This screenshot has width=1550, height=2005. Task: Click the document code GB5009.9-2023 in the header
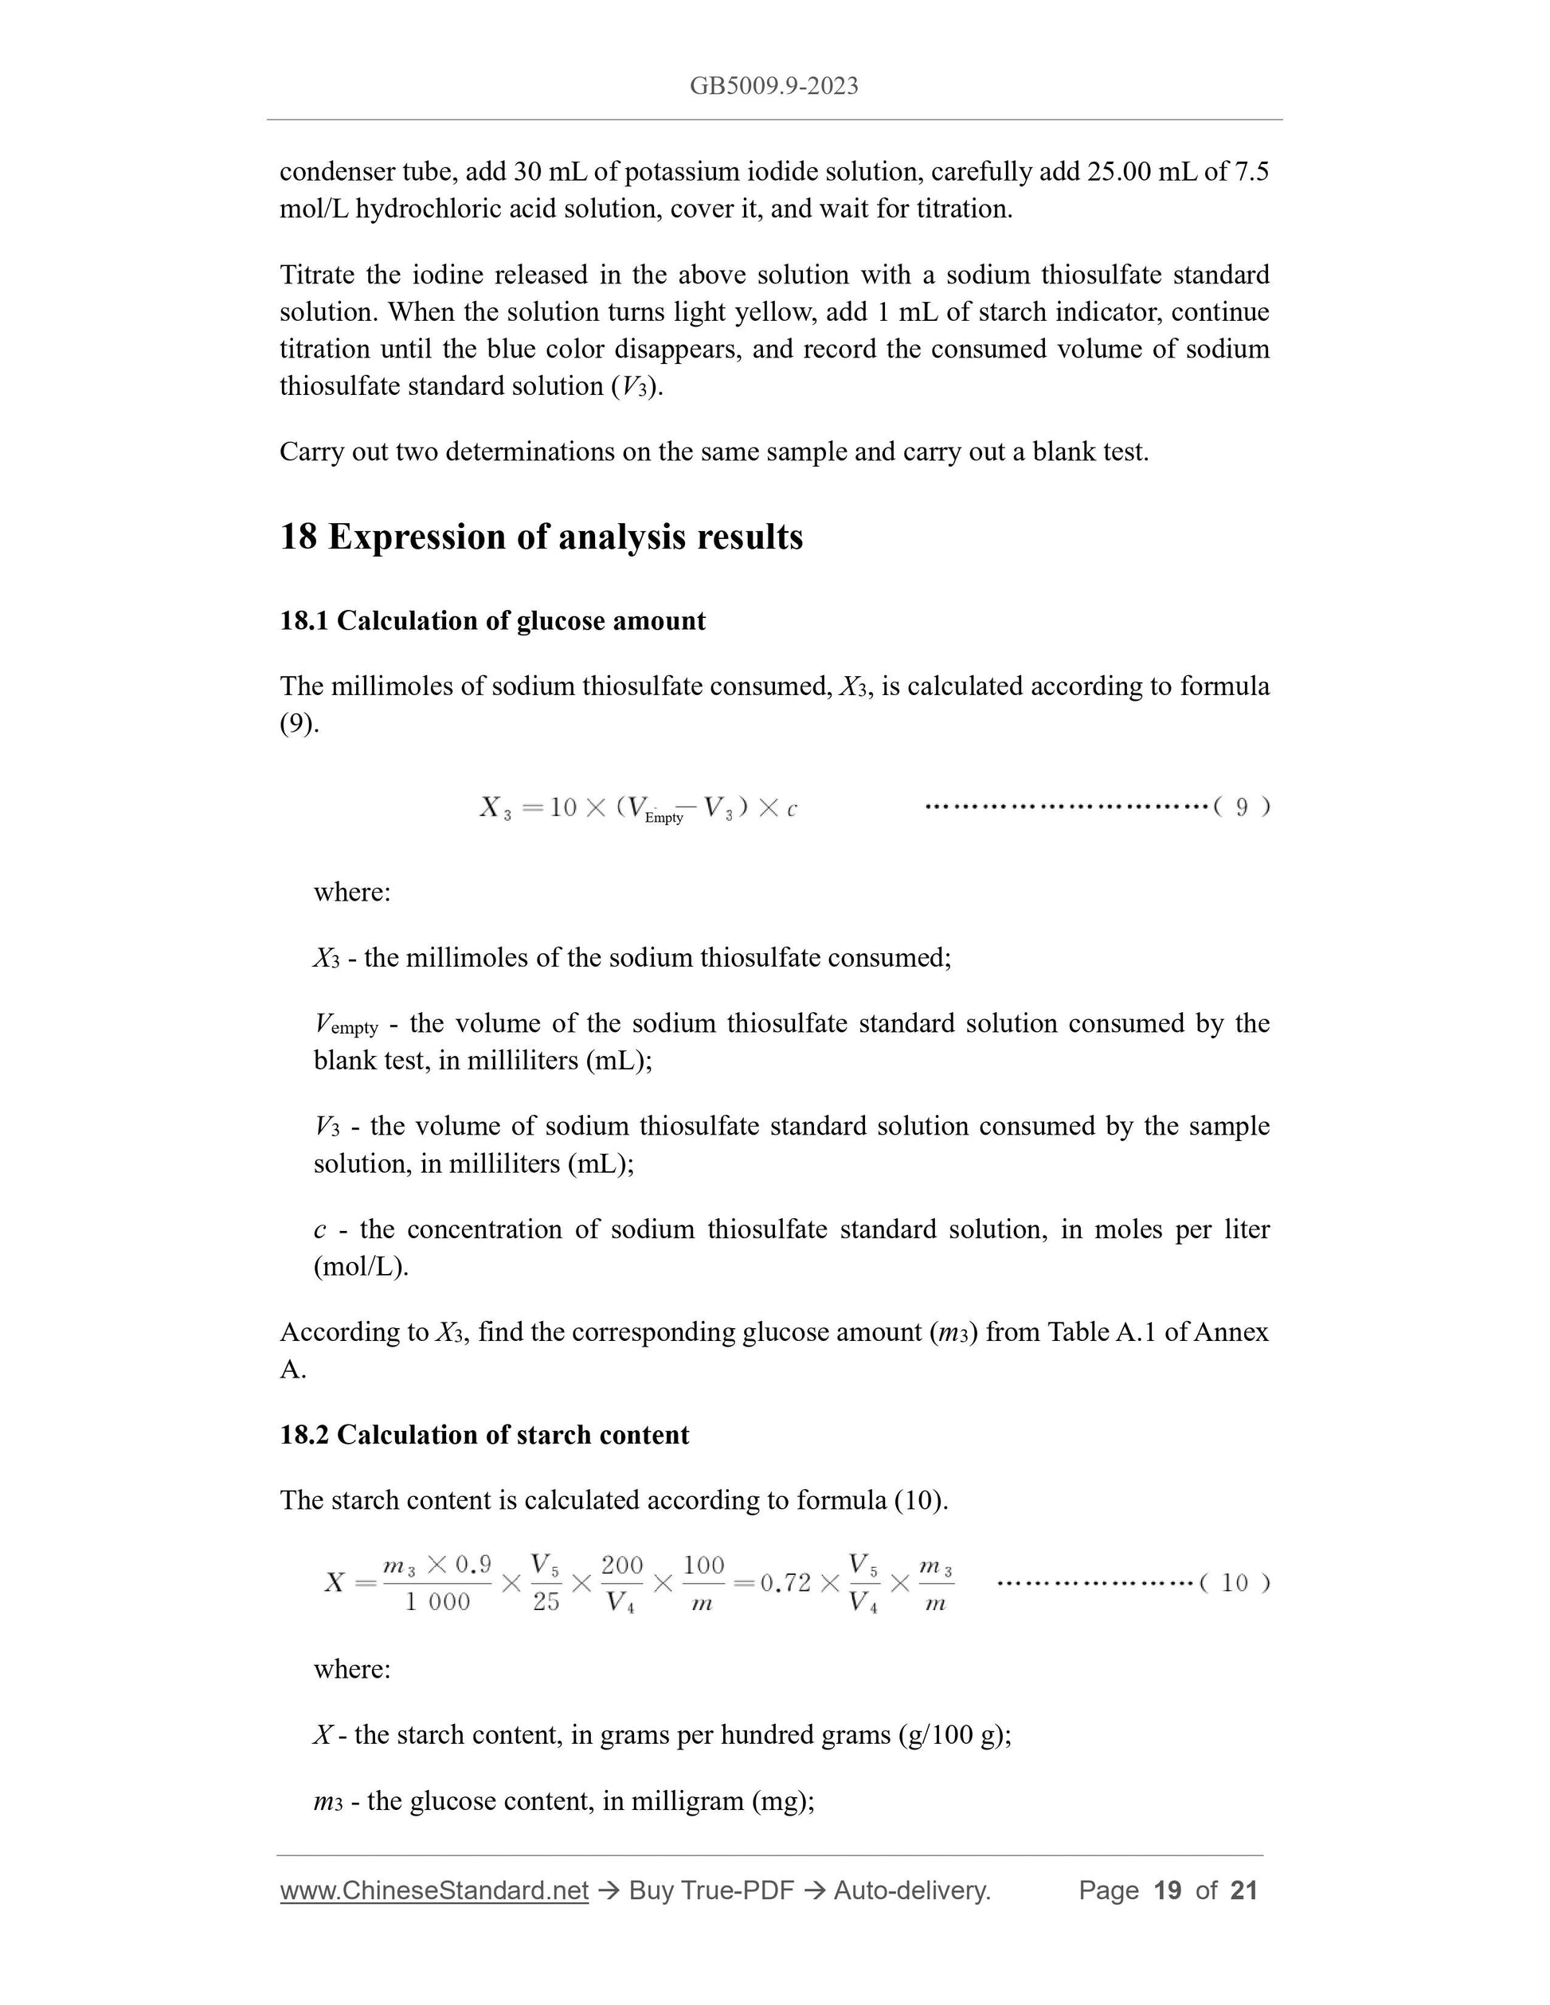coord(774,86)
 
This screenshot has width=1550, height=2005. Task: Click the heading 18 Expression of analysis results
coord(541,537)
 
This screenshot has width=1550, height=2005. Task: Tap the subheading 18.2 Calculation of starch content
coord(484,1435)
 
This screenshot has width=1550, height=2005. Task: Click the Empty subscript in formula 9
coord(664,817)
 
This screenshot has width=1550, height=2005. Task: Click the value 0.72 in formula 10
coord(786,1583)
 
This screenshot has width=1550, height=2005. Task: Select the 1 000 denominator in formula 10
coord(437,1602)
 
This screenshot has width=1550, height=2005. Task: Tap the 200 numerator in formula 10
coord(621,1565)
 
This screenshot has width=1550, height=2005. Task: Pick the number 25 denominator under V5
coord(546,1602)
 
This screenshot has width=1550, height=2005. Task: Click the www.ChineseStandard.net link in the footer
coord(433,1890)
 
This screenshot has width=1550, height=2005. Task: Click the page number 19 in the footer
coord(1167,1890)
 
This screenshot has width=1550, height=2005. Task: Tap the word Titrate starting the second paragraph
coord(317,275)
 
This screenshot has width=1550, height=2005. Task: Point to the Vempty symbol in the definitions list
coord(345,1025)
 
